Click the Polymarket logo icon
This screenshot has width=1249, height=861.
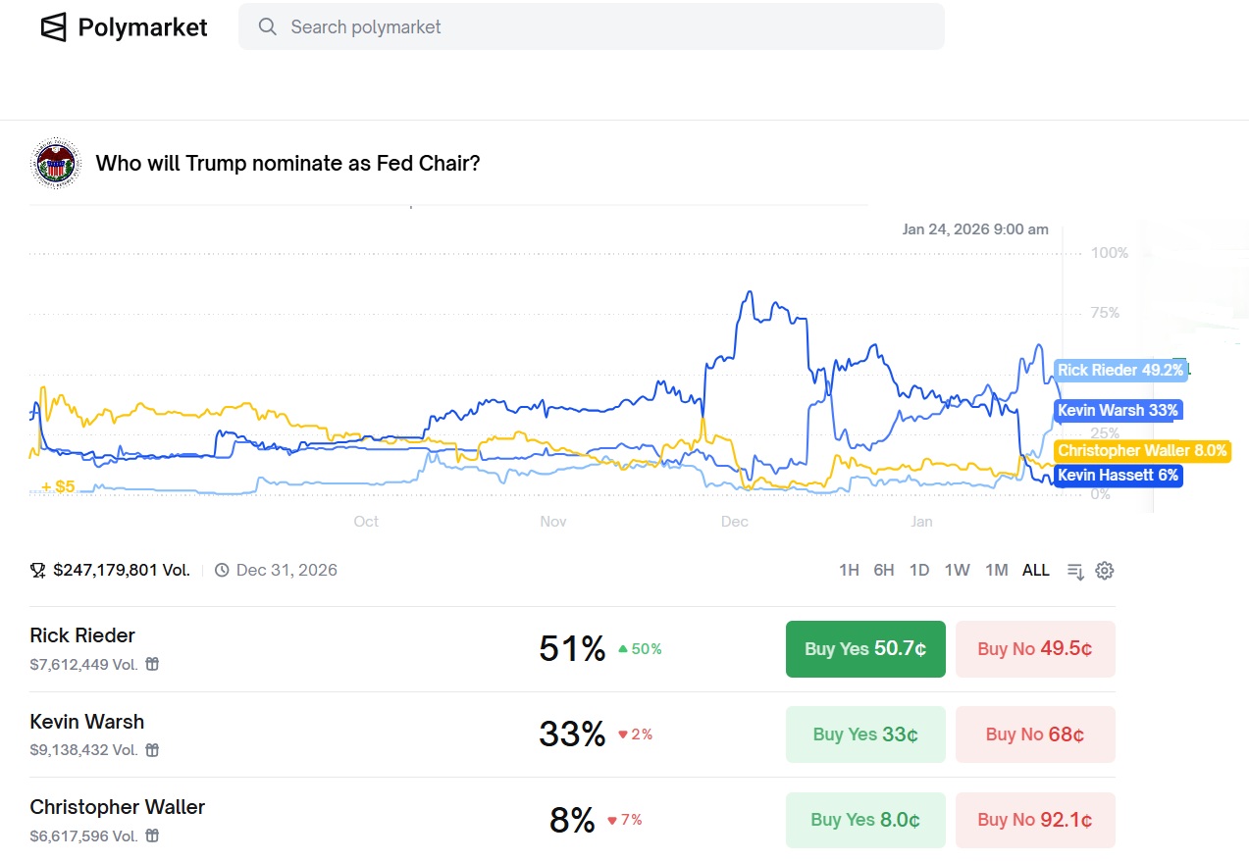point(54,26)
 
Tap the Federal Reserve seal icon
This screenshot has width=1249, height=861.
point(56,163)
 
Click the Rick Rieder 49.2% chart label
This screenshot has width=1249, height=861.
point(1120,371)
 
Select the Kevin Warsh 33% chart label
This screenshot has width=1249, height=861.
point(1118,410)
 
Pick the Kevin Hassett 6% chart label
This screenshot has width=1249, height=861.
point(1118,476)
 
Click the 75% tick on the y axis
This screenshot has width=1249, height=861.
point(1105,313)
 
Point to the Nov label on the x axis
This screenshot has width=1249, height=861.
point(553,522)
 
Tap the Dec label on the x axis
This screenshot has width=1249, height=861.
point(735,522)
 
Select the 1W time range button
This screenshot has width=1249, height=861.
point(957,570)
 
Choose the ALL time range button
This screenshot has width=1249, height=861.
point(1036,570)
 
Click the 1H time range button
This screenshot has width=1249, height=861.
point(849,570)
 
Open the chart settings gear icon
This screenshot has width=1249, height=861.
point(1105,571)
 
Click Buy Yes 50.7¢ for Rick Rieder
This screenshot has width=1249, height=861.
point(865,649)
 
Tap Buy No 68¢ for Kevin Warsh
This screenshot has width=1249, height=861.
point(1035,734)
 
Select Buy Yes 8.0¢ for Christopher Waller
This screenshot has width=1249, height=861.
point(865,820)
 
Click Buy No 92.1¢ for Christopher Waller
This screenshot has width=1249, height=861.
point(1035,820)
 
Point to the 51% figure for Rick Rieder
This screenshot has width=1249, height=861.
point(572,649)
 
